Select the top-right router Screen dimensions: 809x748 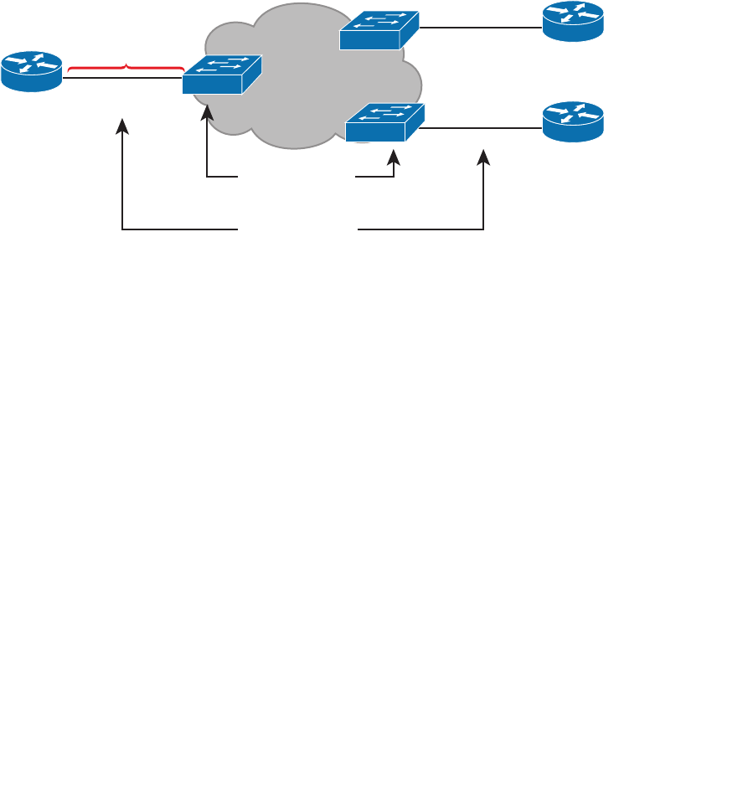coord(572,21)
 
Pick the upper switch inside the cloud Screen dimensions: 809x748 coord(379,30)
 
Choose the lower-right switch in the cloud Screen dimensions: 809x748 coord(384,122)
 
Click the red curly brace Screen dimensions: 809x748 coord(126,65)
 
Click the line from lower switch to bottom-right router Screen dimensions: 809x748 coord(482,128)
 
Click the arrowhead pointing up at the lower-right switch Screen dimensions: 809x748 coord(394,157)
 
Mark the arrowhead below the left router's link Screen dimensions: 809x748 coord(122,126)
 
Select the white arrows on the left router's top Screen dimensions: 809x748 coord(31,64)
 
